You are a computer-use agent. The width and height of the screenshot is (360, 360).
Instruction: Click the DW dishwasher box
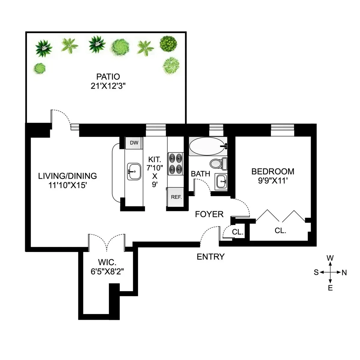tap(134, 142)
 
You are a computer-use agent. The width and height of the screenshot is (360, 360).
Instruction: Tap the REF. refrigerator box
tap(176, 197)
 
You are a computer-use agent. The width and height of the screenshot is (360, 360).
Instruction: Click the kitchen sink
tap(134, 172)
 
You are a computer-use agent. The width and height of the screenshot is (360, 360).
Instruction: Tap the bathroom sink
tap(222, 181)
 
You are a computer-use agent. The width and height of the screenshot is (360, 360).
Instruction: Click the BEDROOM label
tap(273, 171)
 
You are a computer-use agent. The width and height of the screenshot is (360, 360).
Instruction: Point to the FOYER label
tap(209, 214)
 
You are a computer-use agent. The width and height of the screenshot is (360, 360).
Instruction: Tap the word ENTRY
tap(211, 257)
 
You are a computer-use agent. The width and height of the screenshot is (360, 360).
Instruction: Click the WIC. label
tap(107, 262)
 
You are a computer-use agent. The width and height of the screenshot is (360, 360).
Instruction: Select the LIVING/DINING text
tap(67, 176)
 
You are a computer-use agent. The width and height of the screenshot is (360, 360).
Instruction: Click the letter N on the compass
tap(344, 273)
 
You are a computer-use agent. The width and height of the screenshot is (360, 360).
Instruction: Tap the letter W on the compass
tap(330, 258)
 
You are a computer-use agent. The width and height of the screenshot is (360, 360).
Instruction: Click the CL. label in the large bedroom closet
tap(280, 231)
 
